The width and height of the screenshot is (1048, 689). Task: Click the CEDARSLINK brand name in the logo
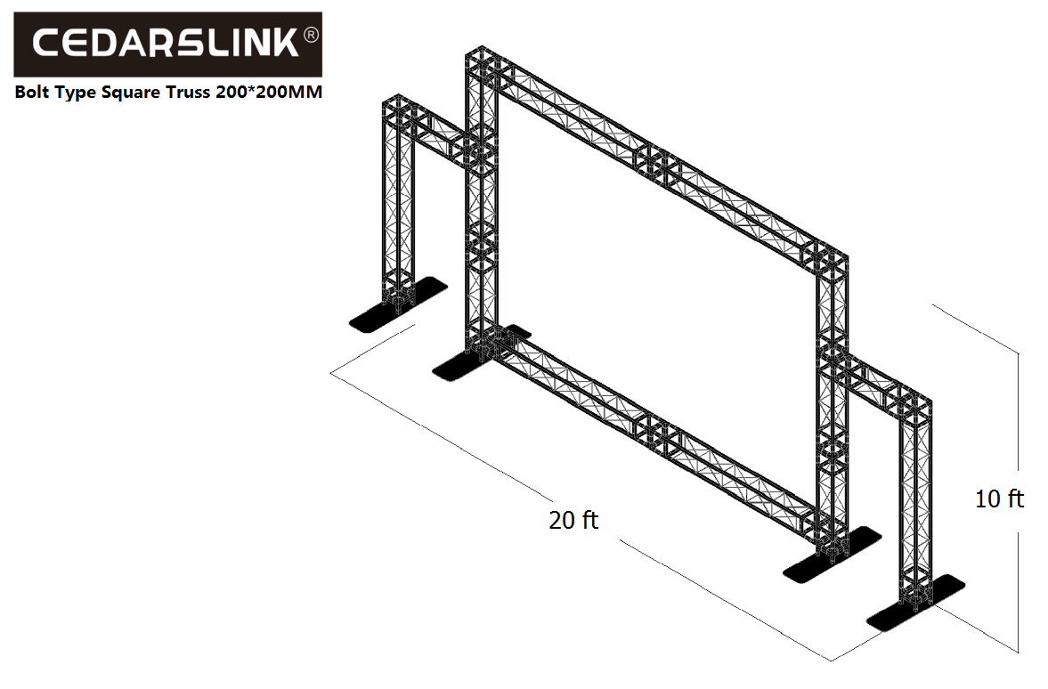point(165,44)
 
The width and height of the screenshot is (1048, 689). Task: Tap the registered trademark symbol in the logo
point(312,36)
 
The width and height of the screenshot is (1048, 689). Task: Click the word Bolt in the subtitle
point(32,92)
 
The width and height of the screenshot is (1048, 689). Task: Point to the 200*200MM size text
point(268,92)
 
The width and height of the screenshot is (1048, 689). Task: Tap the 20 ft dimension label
point(573,519)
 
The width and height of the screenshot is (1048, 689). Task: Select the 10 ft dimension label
point(999,499)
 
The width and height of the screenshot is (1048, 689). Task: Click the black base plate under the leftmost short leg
point(398,304)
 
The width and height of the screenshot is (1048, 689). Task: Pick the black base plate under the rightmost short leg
point(915,602)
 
